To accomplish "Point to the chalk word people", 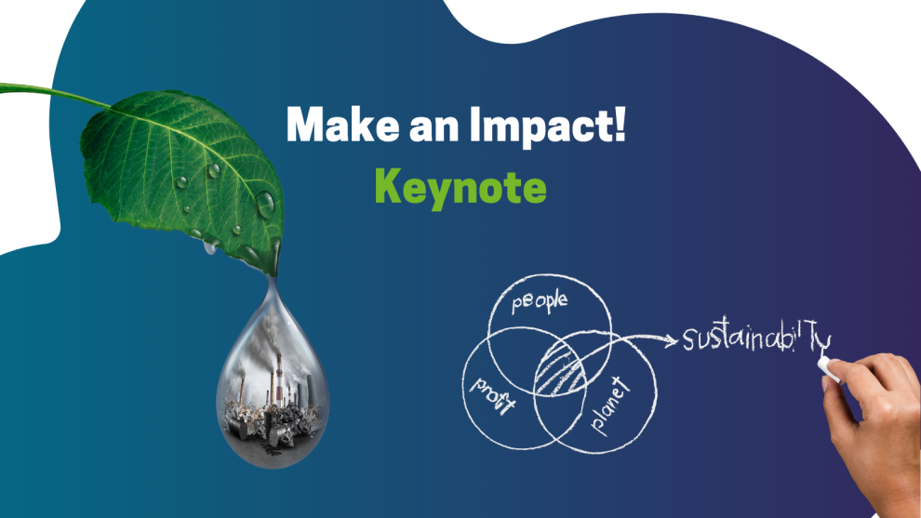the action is (x=540, y=302).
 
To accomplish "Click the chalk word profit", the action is (x=493, y=395).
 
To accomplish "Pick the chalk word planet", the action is (x=610, y=406).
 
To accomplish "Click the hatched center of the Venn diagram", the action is (x=560, y=370).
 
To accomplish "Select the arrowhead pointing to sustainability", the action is (x=671, y=340).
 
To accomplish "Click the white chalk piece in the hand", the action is (x=828, y=367).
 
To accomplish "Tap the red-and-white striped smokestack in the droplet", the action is (x=280, y=376).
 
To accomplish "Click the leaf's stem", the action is (x=54, y=94).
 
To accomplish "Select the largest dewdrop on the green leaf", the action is (x=265, y=205).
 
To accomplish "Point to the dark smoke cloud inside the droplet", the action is (x=264, y=340).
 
